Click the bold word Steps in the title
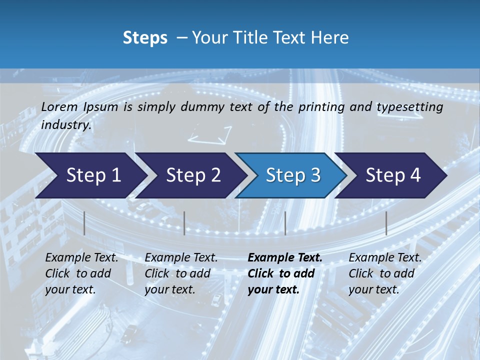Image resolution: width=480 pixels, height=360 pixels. tap(145, 38)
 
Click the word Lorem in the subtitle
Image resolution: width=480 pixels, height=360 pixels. tap(59, 107)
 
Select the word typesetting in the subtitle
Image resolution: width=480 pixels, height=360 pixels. tap(413, 107)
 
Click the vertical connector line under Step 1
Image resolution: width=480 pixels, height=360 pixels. tap(84, 223)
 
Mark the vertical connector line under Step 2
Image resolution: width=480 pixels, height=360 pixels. tap(184, 223)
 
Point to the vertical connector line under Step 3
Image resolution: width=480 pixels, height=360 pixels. tap(285, 223)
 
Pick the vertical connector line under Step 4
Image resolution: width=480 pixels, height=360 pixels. tap(386, 223)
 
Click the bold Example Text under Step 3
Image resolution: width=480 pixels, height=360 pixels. tap(285, 258)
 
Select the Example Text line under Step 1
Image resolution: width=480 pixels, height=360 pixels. tap(81, 258)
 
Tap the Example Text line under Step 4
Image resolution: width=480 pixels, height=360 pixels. tap(385, 258)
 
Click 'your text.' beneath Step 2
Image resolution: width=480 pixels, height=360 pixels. tap(170, 289)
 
